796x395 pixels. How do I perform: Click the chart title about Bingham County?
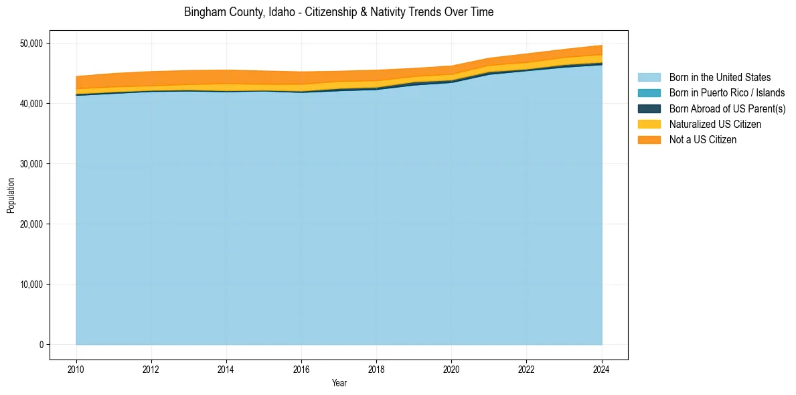pos(338,12)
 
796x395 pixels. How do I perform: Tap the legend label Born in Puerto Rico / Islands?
pos(727,93)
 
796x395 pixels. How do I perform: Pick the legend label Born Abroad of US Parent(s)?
pos(727,108)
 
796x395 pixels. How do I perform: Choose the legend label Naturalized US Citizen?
pos(715,125)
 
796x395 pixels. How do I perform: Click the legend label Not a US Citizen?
pos(702,140)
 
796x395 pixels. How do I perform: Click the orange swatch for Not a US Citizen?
pos(649,140)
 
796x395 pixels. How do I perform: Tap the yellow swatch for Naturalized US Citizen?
pos(649,125)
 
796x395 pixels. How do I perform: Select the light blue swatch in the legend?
pos(649,78)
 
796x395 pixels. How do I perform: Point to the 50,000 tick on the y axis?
pos(30,44)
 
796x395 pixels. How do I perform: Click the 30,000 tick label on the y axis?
pos(30,164)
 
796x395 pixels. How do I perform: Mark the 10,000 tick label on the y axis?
pos(30,285)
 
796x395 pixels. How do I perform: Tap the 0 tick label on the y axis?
pos(40,345)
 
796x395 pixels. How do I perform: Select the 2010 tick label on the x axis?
pos(76,369)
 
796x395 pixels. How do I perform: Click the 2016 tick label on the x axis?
pos(301,369)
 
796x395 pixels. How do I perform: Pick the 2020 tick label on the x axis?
pos(451,369)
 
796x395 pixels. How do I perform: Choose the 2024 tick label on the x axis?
pos(601,369)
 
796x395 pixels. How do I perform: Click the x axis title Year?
pos(339,383)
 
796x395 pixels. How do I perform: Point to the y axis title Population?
pos(11,195)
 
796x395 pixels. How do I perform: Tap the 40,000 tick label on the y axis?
pos(30,104)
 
